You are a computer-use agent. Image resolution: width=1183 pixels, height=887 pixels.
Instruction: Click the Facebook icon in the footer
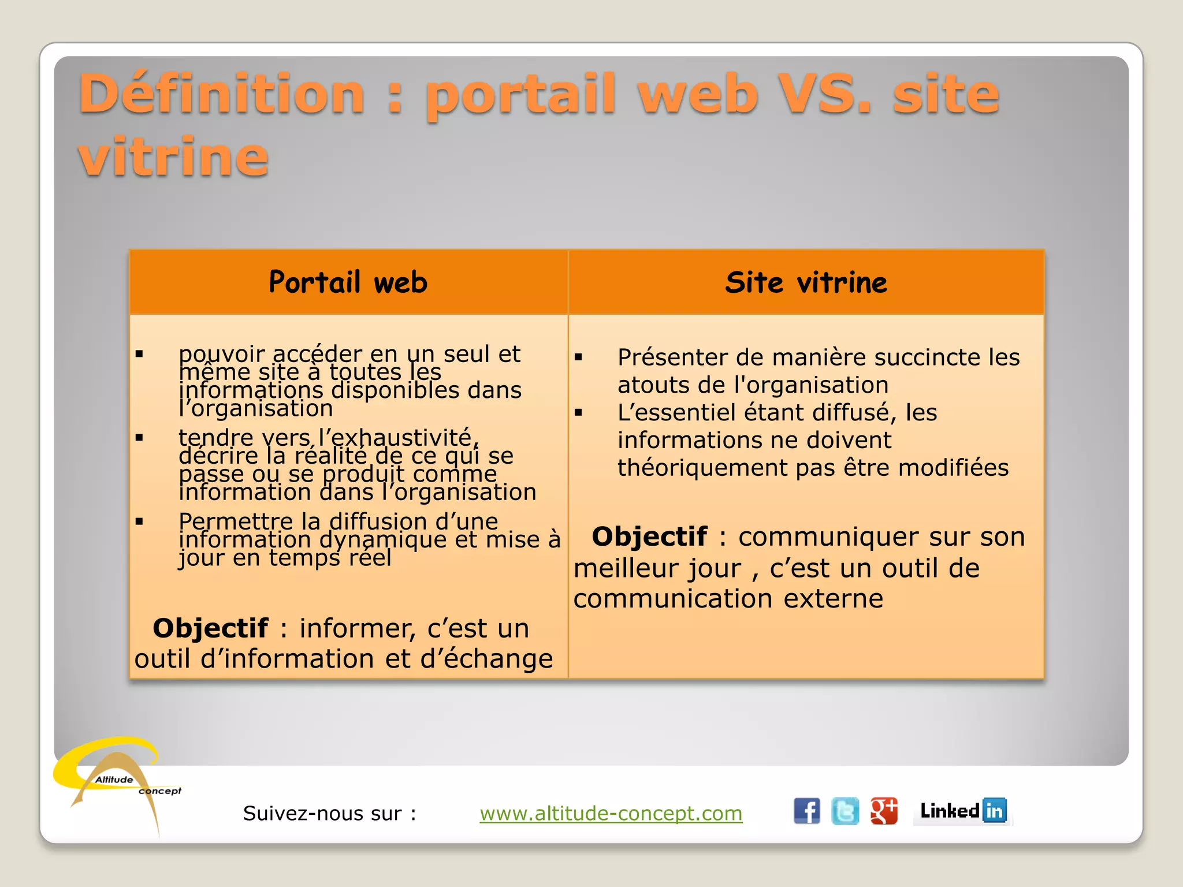tap(806, 811)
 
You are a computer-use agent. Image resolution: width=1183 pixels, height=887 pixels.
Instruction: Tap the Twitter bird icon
tap(845, 811)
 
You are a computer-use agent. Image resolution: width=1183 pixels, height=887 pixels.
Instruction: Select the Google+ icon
tap(884, 811)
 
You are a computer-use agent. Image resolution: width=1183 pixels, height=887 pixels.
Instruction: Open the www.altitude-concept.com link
tap(611, 813)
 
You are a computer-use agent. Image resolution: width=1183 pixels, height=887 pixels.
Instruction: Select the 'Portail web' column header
tap(348, 282)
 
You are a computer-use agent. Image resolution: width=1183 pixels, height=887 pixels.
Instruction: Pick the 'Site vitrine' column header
tap(806, 282)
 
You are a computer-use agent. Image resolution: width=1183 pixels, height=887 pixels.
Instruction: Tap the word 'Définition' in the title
tap(221, 94)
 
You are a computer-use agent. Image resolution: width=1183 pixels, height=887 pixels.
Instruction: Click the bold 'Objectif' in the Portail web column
tap(210, 628)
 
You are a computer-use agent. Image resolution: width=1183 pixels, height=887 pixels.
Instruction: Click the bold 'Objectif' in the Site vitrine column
tap(649, 536)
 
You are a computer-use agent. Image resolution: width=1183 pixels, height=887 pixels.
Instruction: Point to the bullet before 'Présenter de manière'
tap(578, 357)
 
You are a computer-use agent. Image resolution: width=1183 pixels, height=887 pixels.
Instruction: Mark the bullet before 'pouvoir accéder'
tap(139, 354)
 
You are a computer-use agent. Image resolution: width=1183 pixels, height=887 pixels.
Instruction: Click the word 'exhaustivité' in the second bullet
tap(403, 438)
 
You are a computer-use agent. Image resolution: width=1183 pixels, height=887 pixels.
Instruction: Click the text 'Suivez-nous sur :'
tap(329, 813)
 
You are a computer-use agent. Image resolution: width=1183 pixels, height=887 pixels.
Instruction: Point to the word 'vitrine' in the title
tap(173, 156)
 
